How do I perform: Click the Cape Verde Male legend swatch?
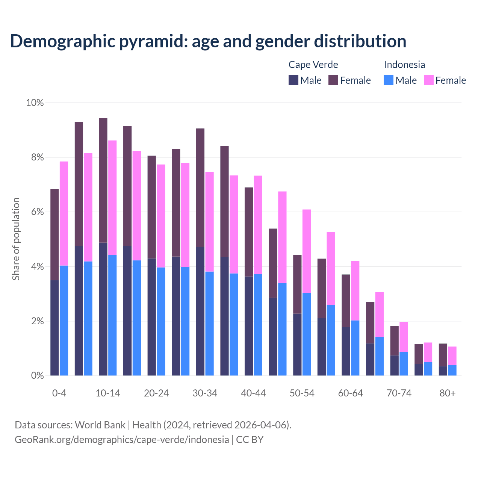pyautogui.click(x=293, y=80)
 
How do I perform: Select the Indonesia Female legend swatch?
pyautogui.click(x=428, y=80)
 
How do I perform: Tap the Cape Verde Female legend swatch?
pyautogui.click(x=333, y=80)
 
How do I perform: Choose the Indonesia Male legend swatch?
pyautogui.click(x=389, y=80)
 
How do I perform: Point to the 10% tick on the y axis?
pyautogui.click(x=35, y=103)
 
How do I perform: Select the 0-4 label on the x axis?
pyautogui.click(x=59, y=393)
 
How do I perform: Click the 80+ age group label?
pyautogui.click(x=448, y=393)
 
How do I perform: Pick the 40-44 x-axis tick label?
pyautogui.click(x=253, y=393)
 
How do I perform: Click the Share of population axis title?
pyautogui.click(x=16, y=239)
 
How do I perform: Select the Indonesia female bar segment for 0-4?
pyautogui.click(x=64, y=213)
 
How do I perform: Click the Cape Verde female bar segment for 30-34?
pyautogui.click(x=200, y=188)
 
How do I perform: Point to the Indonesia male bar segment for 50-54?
pyautogui.click(x=307, y=334)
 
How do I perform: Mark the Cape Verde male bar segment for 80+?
pyautogui.click(x=443, y=371)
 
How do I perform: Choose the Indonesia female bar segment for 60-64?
pyautogui.click(x=355, y=290)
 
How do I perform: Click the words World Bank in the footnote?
pyautogui.click(x=100, y=425)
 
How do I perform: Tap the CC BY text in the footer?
pyautogui.click(x=250, y=439)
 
